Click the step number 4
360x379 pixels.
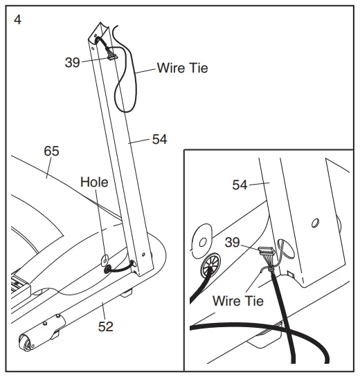tap(18, 20)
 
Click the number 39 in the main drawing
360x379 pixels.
tap(72, 62)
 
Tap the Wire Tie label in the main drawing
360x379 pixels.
tap(182, 68)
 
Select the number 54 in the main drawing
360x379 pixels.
tap(159, 139)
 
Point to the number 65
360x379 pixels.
tap(51, 151)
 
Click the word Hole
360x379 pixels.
tap(94, 182)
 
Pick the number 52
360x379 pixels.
tap(106, 327)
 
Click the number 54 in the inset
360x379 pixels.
tap(240, 185)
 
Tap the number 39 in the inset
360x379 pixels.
tap(232, 242)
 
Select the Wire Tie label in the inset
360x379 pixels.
tap(238, 301)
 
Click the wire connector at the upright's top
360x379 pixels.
tap(112, 57)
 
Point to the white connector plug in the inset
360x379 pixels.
tap(267, 250)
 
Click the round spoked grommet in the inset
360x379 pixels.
tap(210, 265)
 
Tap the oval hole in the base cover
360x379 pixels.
tap(105, 260)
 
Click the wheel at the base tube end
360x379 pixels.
tap(25, 342)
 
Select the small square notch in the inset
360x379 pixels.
tap(291, 275)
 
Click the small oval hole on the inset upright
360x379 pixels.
tap(315, 223)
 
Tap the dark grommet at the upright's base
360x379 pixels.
tap(107, 269)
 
